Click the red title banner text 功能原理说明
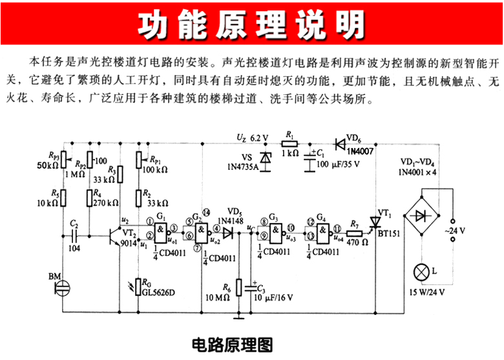[252, 26]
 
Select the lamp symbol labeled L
[421, 273]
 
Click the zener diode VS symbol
[264, 158]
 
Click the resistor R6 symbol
[239, 286]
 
